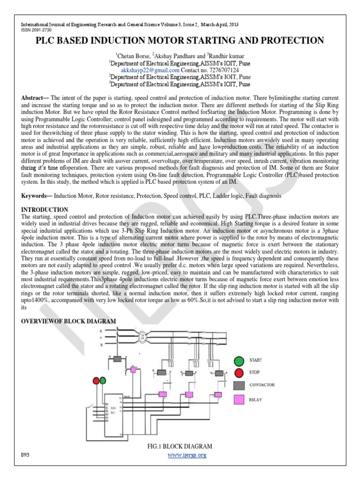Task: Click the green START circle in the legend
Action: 239,361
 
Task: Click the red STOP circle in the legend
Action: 239,373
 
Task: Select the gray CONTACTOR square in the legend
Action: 239,385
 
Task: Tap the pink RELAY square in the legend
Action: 239,399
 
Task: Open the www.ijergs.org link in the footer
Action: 187,455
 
